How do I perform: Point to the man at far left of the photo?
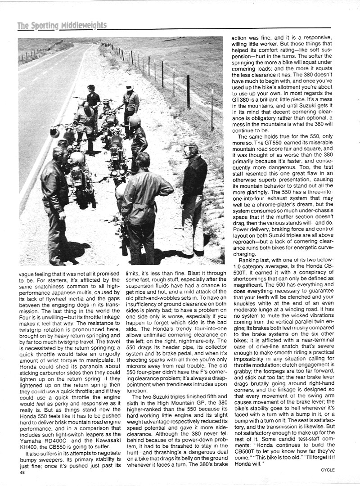click(x=54, y=202)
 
